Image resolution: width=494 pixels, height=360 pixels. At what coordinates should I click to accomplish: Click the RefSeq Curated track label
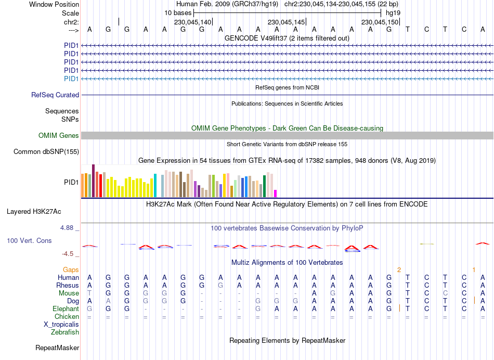55,95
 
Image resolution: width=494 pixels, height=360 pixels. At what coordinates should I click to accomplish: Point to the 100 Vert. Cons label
29,241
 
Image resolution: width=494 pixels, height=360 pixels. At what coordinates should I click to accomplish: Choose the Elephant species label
66,309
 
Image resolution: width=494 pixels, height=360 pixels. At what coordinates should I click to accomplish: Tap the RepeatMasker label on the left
57,348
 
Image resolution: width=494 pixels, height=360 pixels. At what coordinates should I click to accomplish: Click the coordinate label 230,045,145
285,22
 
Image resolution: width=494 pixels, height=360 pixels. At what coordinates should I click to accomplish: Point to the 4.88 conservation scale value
68,228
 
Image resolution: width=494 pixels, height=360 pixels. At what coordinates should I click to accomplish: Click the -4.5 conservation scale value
69,254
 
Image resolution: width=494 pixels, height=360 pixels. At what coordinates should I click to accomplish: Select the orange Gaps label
71,269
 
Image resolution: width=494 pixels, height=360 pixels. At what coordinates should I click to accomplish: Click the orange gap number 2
399,269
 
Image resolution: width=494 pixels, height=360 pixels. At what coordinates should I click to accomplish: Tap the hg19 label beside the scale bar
393,12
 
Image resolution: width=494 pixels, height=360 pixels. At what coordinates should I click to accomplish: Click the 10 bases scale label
178,12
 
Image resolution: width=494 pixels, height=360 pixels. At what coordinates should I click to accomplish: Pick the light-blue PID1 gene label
71,79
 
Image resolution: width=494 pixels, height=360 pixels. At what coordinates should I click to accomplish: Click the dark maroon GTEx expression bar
93,181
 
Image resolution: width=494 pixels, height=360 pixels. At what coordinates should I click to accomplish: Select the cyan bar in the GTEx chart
155,186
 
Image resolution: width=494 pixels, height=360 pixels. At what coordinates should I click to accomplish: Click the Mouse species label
69,293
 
